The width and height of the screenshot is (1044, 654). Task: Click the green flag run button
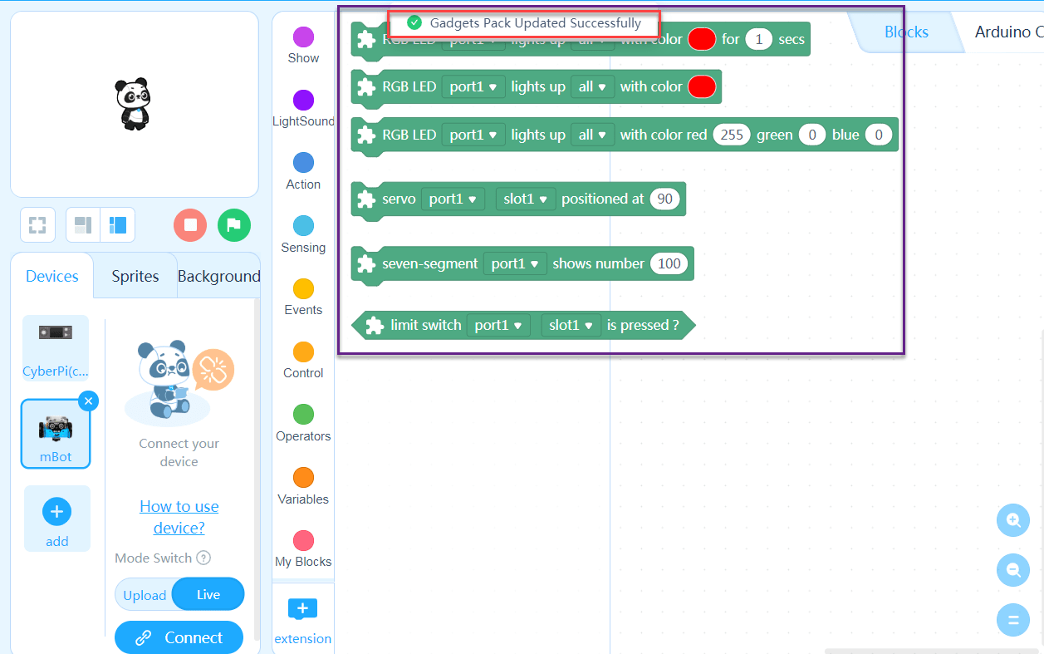[x=234, y=225]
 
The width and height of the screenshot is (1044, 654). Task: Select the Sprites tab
[x=135, y=277]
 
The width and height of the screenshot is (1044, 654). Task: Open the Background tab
[x=218, y=277]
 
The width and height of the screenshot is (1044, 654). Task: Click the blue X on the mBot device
[x=88, y=401]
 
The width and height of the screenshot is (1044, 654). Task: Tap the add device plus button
[x=56, y=512]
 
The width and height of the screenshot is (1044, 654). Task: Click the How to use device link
[x=179, y=517]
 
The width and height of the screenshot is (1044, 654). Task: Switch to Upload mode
[x=145, y=595]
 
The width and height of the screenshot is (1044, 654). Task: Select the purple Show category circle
[x=304, y=37]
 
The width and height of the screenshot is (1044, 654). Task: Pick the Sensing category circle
[x=304, y=226]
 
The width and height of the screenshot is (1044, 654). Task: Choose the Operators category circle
[x=304, y=415]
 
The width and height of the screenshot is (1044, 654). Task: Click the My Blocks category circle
[x=304, y=541]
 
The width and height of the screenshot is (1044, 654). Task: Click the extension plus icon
[x=302, y=609]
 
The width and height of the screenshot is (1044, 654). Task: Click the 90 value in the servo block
[x=664, y=199]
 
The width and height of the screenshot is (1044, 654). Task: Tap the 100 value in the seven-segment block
[x=669, y=263]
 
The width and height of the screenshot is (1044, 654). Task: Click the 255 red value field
[x=732, y=135]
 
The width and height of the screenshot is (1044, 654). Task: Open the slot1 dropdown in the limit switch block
[x=571, y=325]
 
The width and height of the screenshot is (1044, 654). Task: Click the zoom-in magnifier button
[x=1013, y=520]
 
